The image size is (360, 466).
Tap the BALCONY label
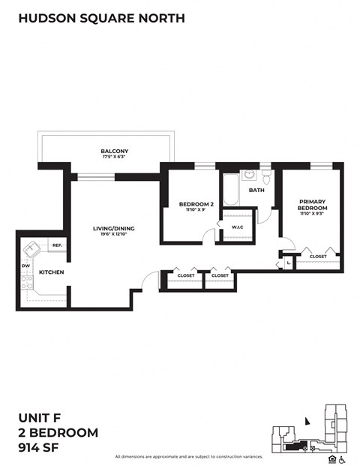[x=114, y=152]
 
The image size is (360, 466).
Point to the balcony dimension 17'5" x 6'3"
[x=114, y=158]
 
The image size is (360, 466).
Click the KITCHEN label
[x=51, y=272]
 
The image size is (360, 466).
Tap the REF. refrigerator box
[x=57, y=245]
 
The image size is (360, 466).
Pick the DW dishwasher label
[x=25, y=266]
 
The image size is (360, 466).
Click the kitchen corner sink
[x=33, y=248]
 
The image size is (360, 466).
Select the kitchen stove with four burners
[x=27, y=283]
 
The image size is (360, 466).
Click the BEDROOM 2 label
[x=191, y=204]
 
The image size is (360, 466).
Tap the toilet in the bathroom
[x=266, y=177]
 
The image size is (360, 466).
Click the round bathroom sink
[x=250, y=176]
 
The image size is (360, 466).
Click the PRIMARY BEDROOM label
[x=311, y=204]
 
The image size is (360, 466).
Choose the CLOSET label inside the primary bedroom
[x=318, y=256]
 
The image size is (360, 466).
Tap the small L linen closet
[x=288, y=263]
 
